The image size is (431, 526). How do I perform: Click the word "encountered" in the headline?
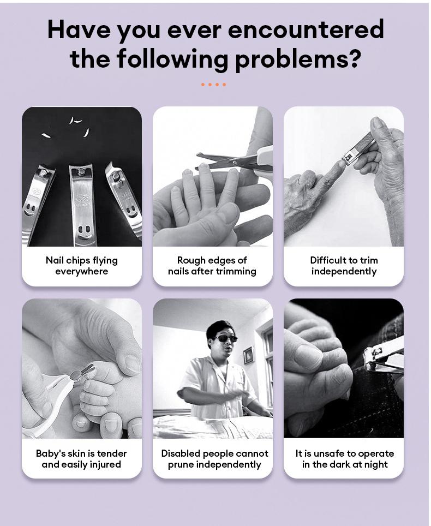(x=306, y=29)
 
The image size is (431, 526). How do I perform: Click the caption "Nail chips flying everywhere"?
(x=82, y=266)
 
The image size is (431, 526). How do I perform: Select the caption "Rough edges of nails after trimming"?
(x=212, y=266)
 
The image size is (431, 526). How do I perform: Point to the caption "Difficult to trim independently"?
(x=344, y=266)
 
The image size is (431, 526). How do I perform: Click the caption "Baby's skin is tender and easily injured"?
(x=81, y=459)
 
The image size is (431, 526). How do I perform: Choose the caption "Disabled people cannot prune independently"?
(x=214, y=459)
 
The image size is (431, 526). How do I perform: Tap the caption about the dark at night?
(x=345, y=459)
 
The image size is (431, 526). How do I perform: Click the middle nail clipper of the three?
(x=81, y=205)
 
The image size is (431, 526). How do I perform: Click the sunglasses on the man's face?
(x=225, y=338)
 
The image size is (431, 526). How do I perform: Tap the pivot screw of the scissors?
(x=235, y=163)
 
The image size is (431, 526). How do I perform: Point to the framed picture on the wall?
(x=248, y=356)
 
